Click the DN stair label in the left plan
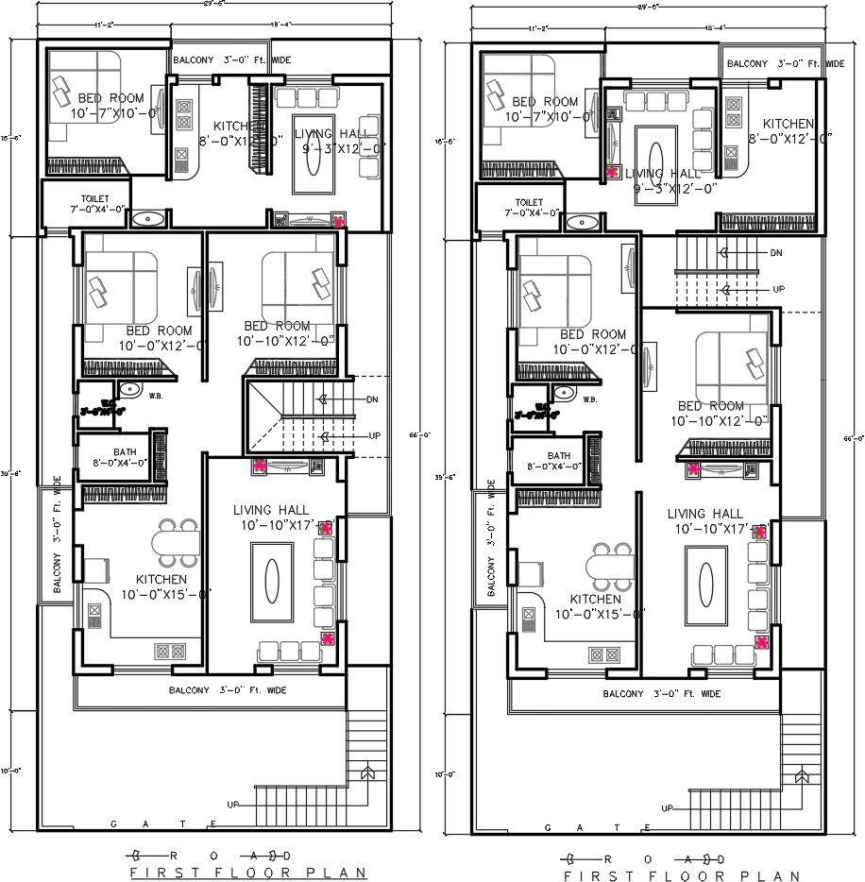click(372, 399)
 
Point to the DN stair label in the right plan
click(775, 253)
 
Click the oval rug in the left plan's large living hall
click(272, 575)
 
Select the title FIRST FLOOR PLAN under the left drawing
click(247, 873)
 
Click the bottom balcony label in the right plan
click(661, 694)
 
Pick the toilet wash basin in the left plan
click(147, 219)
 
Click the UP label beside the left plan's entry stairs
click(233, 804)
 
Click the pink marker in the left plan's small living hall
click(339, 221)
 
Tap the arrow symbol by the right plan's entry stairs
click(802, 775)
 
